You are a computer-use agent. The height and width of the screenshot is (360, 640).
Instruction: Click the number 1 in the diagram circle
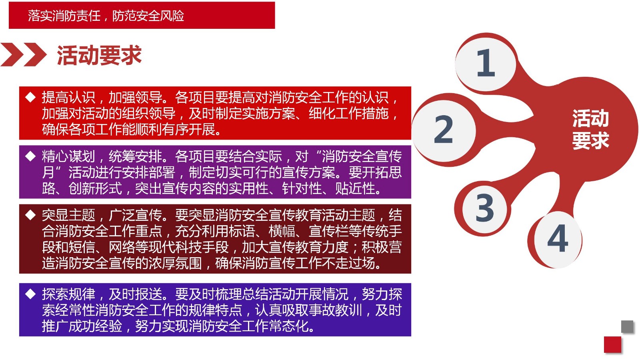click(x=486, y=62)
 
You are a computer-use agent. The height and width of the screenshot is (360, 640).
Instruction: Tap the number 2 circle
click(x=444, y=130)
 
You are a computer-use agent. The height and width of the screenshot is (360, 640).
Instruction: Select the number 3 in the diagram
click(x=484, y=208)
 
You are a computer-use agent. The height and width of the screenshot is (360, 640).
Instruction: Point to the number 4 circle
click(x=558, y=240)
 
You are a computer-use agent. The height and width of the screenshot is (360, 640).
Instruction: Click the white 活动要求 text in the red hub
click(x=590, y=130)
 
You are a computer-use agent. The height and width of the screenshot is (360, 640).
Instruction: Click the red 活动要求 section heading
click(x=99, y=55)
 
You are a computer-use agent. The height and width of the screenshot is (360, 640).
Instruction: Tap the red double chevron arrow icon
click(x=24, y=54)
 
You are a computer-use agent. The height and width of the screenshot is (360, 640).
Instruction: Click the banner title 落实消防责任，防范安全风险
click(x=106, y=16)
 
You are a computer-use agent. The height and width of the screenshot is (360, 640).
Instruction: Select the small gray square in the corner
click(x=627, y=326)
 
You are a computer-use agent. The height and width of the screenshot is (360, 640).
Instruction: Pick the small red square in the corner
click(x=612, y=345)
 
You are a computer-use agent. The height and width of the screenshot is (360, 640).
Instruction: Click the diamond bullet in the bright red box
click(x=30, y=97)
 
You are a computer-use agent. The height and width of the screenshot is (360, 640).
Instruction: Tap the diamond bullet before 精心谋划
click(x=30, y=156)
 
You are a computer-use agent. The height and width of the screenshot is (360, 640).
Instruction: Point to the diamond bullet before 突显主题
click(x=30, y=215)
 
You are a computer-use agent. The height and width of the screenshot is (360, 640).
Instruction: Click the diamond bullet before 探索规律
click(x=30, y=294)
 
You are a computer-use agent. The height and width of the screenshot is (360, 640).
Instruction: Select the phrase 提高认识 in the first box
click(x=68, y=98)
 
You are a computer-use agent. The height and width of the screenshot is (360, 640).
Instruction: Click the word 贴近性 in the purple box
click(x=355, y=188)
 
